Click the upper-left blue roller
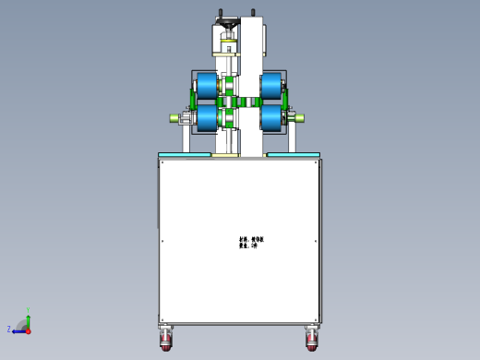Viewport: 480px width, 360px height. [206, 88]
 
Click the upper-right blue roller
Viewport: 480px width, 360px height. [271, 87]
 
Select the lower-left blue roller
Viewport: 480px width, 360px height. [207, 117]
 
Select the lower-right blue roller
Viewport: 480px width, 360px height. [271, 117]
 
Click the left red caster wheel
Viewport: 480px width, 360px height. [166, 342]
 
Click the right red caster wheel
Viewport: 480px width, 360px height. [312, 342]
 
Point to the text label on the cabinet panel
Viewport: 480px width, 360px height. [251, 242]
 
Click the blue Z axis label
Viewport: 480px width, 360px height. [9, 329]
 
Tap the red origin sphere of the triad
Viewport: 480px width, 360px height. [28, 330]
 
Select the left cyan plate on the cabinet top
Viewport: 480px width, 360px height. [185, 154]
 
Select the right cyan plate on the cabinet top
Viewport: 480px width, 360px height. [294, 154]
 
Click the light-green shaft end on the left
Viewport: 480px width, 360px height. [174, 117]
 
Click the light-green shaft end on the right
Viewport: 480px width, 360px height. [299, 117]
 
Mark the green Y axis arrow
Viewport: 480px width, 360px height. [28, 318]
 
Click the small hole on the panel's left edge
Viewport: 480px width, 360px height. [162, 242]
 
